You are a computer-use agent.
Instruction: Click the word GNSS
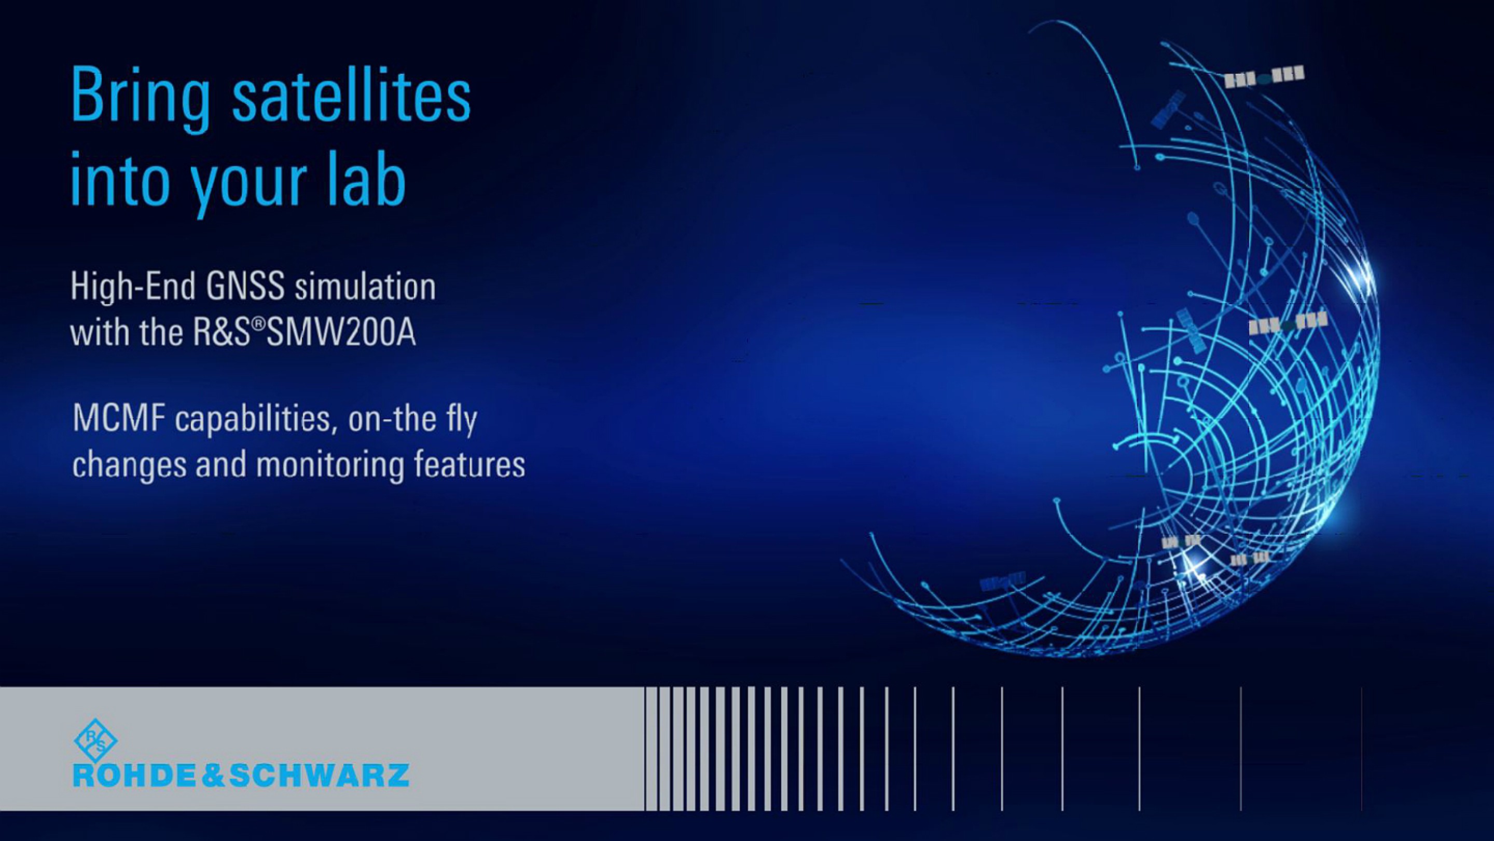[245, 287]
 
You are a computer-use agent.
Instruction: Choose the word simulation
[365, 287]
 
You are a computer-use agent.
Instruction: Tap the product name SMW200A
[341, 333]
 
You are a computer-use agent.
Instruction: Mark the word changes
[129, 466]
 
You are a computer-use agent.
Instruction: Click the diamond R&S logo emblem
[95, 740]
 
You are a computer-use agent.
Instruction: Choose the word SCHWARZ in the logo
[320, 776]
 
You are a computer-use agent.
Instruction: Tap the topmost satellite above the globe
[1264, 76]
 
